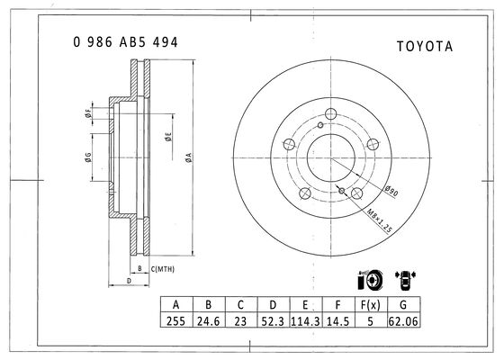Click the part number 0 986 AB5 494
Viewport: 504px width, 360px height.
click(125, 42)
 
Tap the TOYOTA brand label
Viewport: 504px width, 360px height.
click(425, 46)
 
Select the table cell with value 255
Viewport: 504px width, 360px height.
click(175, 320)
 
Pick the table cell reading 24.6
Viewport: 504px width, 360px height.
click(208, 320)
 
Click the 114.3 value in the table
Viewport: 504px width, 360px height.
click(305, 320)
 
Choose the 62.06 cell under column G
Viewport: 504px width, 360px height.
click(403, 320)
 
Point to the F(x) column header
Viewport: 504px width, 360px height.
click(370, 305)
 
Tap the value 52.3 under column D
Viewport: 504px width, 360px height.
click(273, 320)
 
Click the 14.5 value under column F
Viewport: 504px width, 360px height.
click(338, 320)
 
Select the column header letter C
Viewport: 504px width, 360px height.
click(241, 305)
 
